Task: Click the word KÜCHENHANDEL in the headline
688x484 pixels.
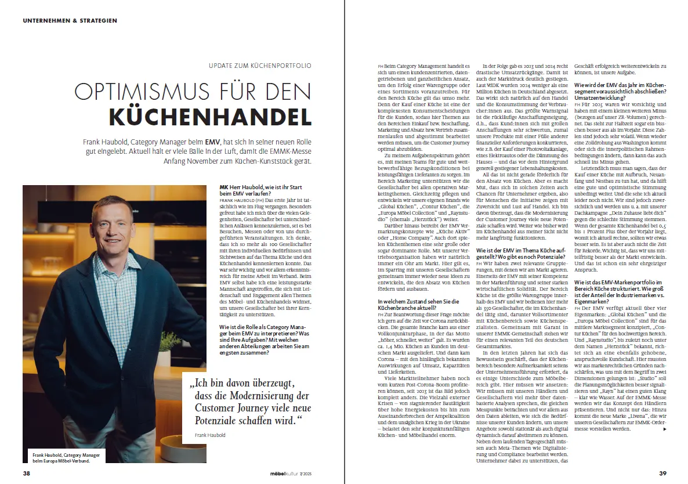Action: click(211, 115)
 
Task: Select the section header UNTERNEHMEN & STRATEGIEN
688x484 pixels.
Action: click(70, 20)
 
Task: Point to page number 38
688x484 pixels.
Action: click(26, 473)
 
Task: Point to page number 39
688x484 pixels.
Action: click(662, 473)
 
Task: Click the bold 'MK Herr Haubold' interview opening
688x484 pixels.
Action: click(239, 187)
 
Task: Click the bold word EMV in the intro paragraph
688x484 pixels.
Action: click(212, 142)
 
